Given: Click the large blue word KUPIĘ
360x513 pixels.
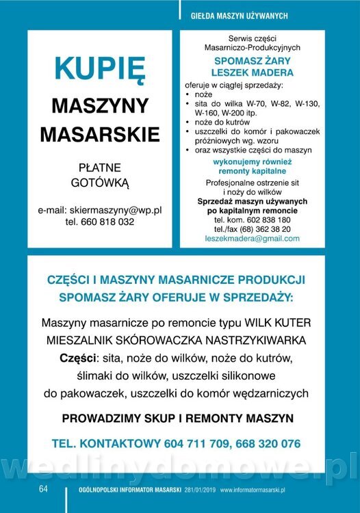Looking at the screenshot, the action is [x=99, y=69].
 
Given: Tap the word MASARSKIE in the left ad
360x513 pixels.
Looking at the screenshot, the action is [x=99, y=134].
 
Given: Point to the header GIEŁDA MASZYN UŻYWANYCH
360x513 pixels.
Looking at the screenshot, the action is [x=239, y=15].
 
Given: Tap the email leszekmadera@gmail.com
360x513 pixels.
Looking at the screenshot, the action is [x=252, y=239].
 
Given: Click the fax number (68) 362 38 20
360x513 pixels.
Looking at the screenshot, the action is [x=266, y=229].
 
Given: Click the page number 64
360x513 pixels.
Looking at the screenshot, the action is [x=42, y=489].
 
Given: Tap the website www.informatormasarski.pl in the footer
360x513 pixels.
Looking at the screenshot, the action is [x=253, y=490].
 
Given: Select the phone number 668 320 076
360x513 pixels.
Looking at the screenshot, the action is [x=267, y=443].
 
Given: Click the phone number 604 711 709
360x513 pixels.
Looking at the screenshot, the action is [x=197, y=443].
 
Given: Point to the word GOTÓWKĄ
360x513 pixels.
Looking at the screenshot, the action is [x=100, y=183].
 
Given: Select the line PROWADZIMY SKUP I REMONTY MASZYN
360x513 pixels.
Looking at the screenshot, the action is [x=178, y=417].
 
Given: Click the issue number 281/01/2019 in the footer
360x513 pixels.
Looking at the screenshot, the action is [x=200, y=490].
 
